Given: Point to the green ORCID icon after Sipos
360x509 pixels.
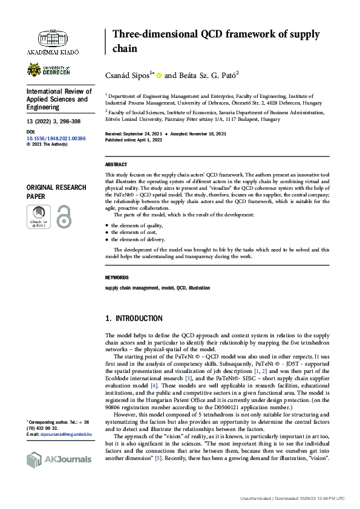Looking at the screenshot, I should click(x=159, y=76).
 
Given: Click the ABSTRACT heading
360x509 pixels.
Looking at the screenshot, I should click(x=116, y=164).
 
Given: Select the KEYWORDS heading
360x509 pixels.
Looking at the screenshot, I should click(x=117, y=277).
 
